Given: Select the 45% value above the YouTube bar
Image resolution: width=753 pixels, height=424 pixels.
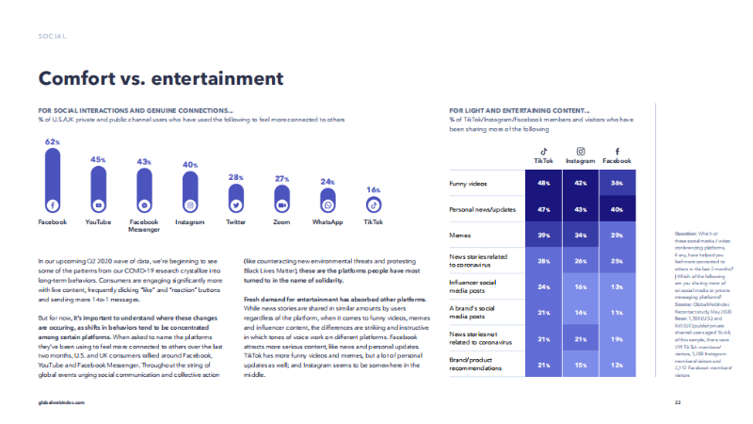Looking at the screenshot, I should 98,160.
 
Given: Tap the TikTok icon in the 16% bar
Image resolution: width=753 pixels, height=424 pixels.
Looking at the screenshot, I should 373,204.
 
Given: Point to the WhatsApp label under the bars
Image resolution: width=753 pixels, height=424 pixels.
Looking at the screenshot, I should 328,222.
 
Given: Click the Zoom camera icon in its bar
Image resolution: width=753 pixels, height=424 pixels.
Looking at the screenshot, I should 281,204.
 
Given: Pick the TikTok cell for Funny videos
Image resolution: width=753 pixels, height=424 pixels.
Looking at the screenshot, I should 543,183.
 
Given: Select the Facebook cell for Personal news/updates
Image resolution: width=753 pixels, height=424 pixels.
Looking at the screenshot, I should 617,207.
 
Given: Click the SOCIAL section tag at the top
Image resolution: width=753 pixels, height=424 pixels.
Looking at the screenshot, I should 52,37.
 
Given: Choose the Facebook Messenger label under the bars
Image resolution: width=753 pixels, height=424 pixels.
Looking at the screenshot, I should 143,226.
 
